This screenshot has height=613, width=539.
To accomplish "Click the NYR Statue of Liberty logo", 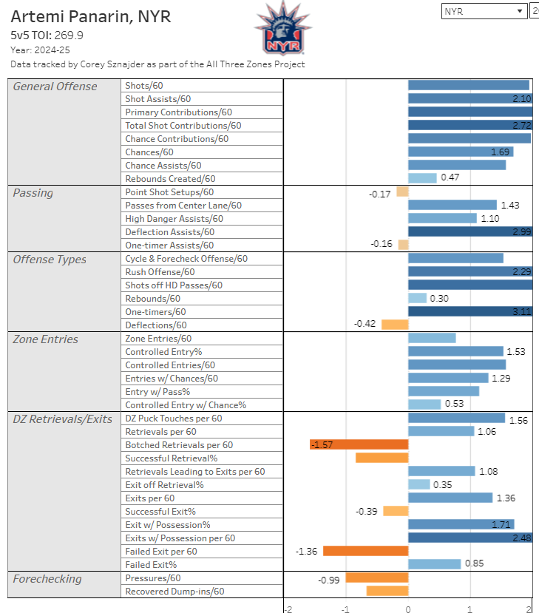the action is [x=283, y=28].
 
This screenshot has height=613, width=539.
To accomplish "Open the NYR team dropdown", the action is [x=484, y=11].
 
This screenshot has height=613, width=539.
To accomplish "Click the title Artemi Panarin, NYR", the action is [x=91, y=17].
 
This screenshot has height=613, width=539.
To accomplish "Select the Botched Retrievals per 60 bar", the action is [x=359, y=444].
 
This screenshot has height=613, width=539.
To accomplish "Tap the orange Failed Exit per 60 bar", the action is [x=366, y=551].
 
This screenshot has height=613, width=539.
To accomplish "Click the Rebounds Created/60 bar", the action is [x=422, y=178].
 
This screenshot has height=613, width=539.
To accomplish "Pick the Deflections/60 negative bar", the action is [x=395, y=325].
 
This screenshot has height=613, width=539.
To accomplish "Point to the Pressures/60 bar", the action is [x=377, y=578].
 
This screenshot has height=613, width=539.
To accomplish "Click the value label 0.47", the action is [x=450, y=177].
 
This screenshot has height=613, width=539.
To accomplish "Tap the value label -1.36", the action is [x=306, y=551].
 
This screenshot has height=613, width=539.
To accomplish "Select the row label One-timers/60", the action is [x=155, y=312].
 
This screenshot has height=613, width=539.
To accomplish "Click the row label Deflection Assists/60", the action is [x=170, y=232].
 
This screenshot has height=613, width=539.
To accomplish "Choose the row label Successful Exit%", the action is [x=160, y=512].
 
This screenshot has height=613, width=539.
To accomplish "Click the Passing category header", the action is [x=33, y=193].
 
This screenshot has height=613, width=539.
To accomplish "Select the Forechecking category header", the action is [x=47, y=579].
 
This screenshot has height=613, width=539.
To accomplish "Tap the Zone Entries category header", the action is [x=45, y=339].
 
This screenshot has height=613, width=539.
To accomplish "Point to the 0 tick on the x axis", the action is [x=408, y=609].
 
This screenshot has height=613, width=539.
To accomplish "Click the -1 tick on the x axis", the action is [x=345, y=609].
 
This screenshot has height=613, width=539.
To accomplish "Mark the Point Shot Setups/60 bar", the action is [x=403, y=192].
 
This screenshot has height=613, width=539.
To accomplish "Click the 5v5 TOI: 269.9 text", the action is [x=47, y=35].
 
